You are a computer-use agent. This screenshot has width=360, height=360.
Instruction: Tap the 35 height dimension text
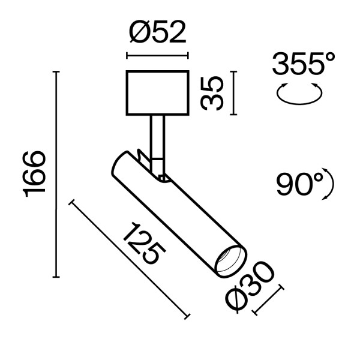click(x=212, y=93)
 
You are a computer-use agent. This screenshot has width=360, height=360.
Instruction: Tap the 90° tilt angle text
click(x=300, y=184)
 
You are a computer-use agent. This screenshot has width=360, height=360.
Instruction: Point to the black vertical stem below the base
click(x=157, y=135)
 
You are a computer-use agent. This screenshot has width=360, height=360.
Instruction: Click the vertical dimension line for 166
click(x=57, y=174)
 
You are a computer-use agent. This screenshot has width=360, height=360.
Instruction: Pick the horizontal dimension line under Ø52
click(x=156, y=58)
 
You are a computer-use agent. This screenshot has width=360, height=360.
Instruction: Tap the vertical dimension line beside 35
click(x=233, y=93)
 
